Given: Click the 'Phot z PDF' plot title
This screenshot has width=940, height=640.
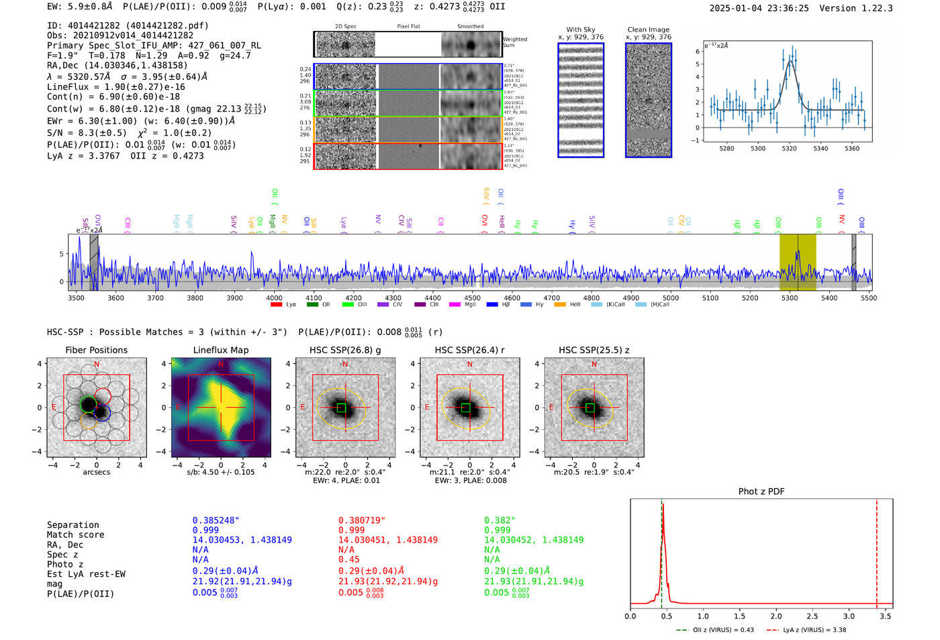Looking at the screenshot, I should [x=761, y=492].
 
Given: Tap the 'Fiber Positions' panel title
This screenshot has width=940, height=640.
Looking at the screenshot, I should [x=96, y=350].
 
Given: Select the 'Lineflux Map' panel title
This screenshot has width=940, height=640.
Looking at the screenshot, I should [x=220, y=350].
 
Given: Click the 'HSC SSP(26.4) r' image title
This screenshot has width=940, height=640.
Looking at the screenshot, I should [x=469, y=350].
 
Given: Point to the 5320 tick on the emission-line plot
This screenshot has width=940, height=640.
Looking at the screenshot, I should [x=789, y=148].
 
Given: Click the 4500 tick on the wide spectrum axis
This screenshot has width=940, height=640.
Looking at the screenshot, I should [x=472, y=298].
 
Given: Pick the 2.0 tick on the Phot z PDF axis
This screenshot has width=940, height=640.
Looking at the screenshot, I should [x=776, y=616].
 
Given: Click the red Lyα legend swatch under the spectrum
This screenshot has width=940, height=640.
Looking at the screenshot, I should [x=276, y=305].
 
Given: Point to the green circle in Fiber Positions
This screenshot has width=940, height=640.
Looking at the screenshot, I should [x=88, y=404].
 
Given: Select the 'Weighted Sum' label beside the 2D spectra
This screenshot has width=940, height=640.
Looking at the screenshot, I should [x=514, y=42].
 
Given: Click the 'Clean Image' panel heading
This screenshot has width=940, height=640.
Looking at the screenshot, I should [x=648, y=30].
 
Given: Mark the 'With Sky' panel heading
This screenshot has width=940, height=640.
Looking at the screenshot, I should [x=580, y=30].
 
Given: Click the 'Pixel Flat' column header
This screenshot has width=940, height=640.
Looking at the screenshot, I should [x=408, y=27].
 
